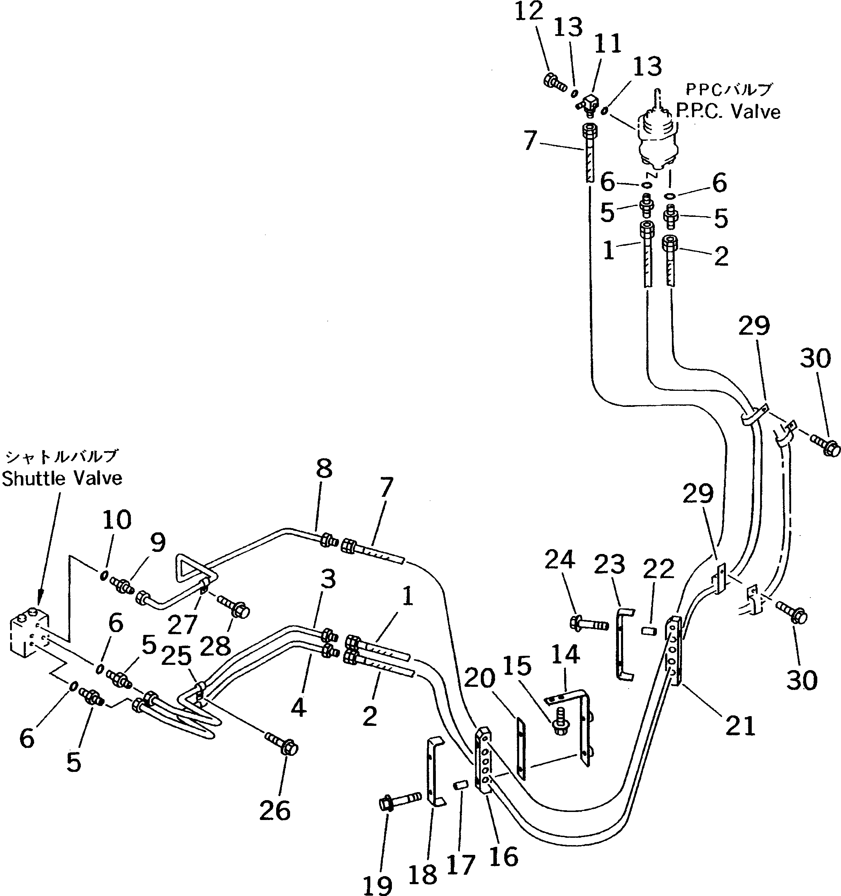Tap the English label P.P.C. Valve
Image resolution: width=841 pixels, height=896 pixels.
click(x=728, y=111)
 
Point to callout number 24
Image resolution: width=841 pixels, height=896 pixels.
click(x=560, y=560)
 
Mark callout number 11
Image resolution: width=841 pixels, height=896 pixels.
click(x=608, y=44)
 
